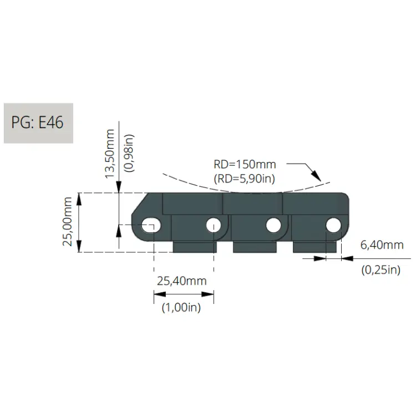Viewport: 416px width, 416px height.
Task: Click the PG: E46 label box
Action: point(38,123)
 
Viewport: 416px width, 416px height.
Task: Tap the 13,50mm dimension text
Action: point(110,154)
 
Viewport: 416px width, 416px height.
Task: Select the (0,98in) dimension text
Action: point(129,153)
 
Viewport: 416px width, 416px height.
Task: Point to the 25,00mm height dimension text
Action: point(67,222)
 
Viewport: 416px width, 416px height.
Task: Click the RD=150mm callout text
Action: point(245,165)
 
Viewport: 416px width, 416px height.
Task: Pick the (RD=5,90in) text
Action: point(245,179)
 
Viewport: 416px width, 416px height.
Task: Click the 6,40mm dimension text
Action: point(382,245)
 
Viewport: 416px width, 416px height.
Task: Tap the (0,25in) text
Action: point(381,270)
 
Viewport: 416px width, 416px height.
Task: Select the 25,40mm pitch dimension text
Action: point(182,281)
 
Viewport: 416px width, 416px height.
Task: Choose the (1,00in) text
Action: point(181,307)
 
